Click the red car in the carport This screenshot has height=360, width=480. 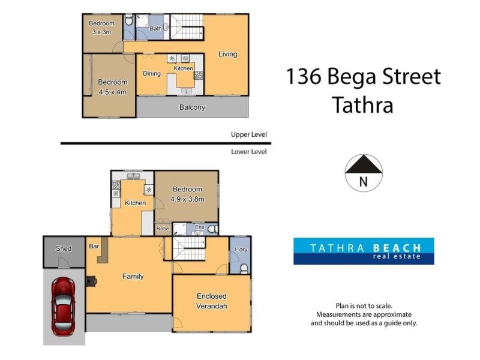pyautogui.click(x=64, y=305)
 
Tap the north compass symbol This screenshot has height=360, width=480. pyautogui.click(x=364, y=173)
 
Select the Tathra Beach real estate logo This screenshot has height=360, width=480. pyautogui.click(x=364, y=251)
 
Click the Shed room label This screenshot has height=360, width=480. pyautogui.click(x=64, y=248)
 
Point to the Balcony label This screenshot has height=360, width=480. pyautogui.click(x=192, y=108)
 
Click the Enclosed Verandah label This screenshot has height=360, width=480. pyautogui.click(x=212, y=301)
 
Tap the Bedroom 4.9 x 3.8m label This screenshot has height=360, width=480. pyautogui.click(x=187, y=194)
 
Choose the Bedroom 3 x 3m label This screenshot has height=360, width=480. pyautogui.click(x=101, y=28)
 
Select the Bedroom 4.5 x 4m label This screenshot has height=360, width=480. pyautogui.click(x=113, y=87)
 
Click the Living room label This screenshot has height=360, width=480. pyautogui.click(x=227, y=54)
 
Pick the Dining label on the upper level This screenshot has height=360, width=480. pyautogui.click(x=151, y=74)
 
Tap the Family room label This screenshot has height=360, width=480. pyautogui.click(x=133, y=277)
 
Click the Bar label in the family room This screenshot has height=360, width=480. pyautogui.click(x=94, y=246)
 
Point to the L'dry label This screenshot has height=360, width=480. pyautogui.click(x=241, y=249)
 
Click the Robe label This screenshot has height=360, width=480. pyautogui.click(x=162, y=228)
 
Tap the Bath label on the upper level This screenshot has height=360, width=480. pyautogui.click(x=155, y=28)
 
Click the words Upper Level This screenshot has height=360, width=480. pyautogui.click(x=249, y=134)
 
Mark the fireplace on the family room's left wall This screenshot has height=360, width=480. pyautogui.click(x=90, y=280)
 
